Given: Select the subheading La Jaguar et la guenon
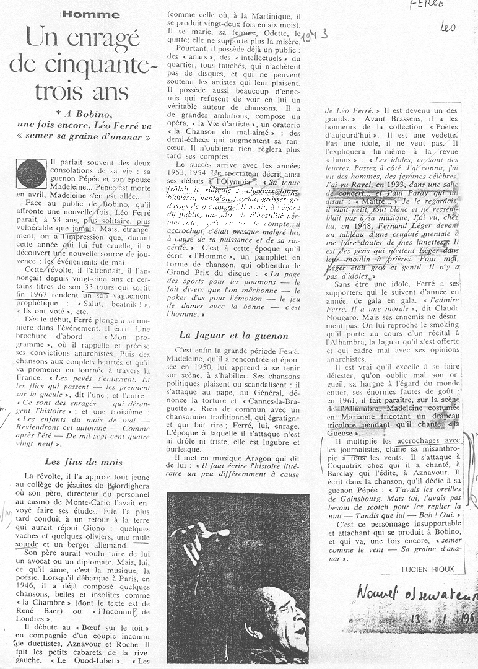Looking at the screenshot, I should [x=233, y=335].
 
